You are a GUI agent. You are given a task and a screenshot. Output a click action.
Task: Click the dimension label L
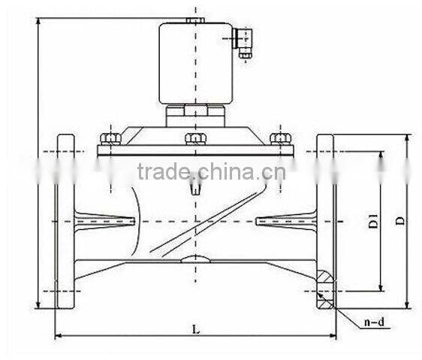(195, 329)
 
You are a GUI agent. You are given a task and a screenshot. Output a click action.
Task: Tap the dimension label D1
(373, 222)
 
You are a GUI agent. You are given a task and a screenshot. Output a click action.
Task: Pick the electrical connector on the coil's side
(243, 42)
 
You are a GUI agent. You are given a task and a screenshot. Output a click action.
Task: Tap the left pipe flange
(65, 222)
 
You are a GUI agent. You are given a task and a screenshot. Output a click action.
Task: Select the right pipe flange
(325, 222)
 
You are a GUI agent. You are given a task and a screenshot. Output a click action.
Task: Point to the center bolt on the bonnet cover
(195, 138)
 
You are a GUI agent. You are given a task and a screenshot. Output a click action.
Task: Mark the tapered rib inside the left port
(105, 221)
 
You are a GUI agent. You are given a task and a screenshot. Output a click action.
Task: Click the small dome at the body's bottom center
(194, 260)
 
